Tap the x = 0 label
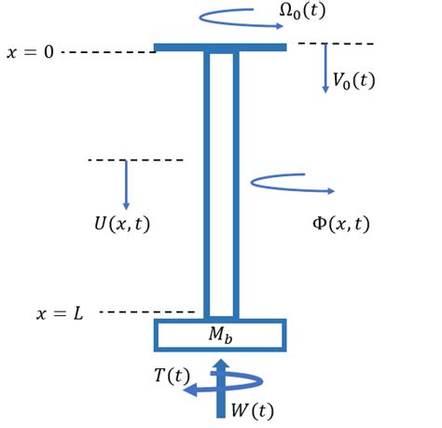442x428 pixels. [x=30, y=52]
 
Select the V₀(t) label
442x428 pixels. [x=353, y=81]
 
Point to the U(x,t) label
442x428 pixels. [x=121, y=224]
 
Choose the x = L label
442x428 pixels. [x=60, y=313]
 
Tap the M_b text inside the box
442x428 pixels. [x=221, y=334]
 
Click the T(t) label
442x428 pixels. [x=172, y=376]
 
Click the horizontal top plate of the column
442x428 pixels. [x=220, y=47]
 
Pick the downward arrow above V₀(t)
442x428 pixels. [x=325, y=68]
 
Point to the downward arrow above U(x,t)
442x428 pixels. [x=126, y=185]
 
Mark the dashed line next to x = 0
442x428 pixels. [x=107, y=52]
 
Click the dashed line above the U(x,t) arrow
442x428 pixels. [x=135, y=160]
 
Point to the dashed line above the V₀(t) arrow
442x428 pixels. [x=336, y=44]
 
